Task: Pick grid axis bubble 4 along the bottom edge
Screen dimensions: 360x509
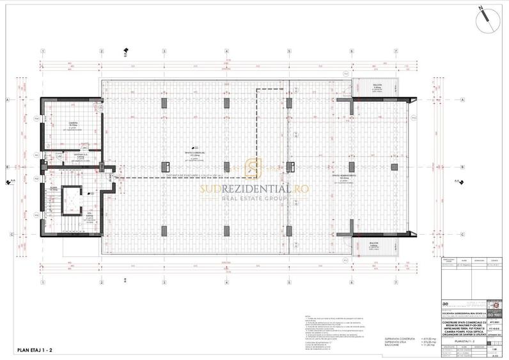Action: [x=226, y=276]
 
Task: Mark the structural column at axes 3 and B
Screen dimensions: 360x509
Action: [x=164, y=168]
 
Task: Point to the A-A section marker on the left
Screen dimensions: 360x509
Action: [x=9, y=182]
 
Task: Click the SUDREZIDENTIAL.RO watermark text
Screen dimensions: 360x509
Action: [x=254, y=189]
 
